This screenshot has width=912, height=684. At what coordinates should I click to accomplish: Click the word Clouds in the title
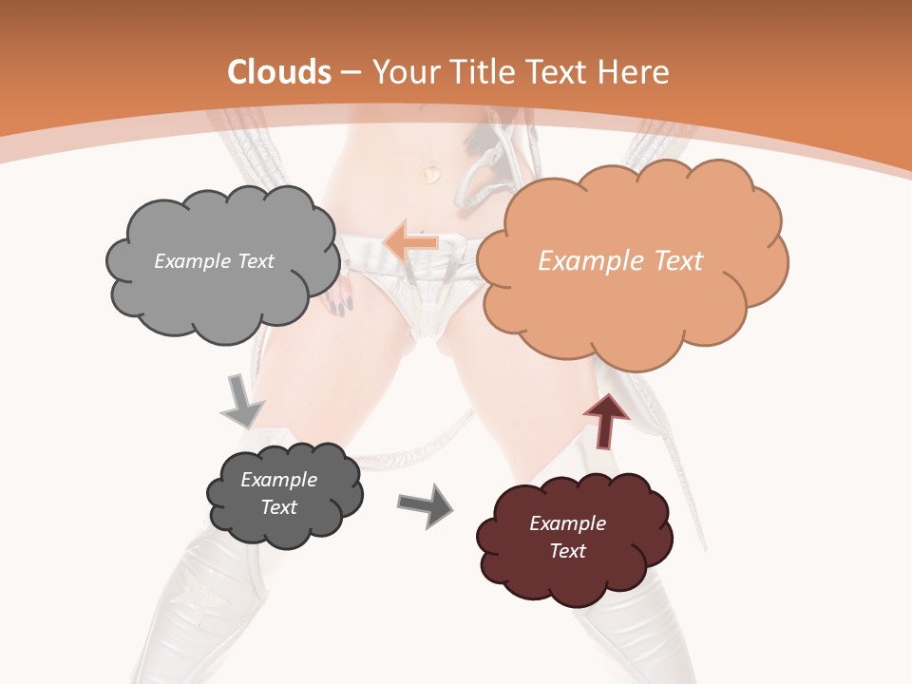coord(279,72)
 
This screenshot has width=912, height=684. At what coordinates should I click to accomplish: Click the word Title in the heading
coord(477,72)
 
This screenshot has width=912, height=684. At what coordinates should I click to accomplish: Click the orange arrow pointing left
coord(410,242)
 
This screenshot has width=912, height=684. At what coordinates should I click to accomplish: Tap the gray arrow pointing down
coord(241,400)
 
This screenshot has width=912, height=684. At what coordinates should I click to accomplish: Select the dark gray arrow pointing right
coord(426,504)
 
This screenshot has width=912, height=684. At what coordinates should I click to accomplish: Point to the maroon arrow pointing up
coord(605,420)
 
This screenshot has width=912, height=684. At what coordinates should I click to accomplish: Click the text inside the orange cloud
coord(620,261)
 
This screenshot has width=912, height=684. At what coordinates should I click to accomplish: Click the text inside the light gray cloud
coord(214,261)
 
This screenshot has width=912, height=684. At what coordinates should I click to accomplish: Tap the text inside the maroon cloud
coord(567,537)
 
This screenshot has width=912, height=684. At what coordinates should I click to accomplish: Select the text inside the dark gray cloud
coord(278,493)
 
